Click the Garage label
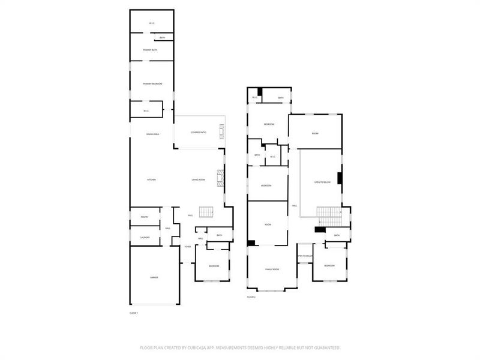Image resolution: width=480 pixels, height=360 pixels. pos(154,278)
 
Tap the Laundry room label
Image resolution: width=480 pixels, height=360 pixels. pos(145,238)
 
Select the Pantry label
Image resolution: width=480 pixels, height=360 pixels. pos(145,217)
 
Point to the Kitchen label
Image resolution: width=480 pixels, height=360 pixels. pos(152,180)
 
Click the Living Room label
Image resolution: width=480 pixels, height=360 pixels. pos(199,180)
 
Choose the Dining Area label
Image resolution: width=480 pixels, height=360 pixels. pos(152,134)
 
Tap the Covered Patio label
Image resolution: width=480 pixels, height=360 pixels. pos(199,132)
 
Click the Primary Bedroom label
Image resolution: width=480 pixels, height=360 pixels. pos(152,84)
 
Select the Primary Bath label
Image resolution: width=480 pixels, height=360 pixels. pos(150,50)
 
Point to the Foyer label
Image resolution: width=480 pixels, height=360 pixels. pos(188,246)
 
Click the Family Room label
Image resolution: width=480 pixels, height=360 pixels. pos(272,269)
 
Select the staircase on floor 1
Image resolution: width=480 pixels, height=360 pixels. pos(206,211)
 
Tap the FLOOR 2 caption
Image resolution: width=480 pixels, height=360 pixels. pos(251,297)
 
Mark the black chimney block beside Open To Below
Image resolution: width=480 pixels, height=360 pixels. pos(340,178)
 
